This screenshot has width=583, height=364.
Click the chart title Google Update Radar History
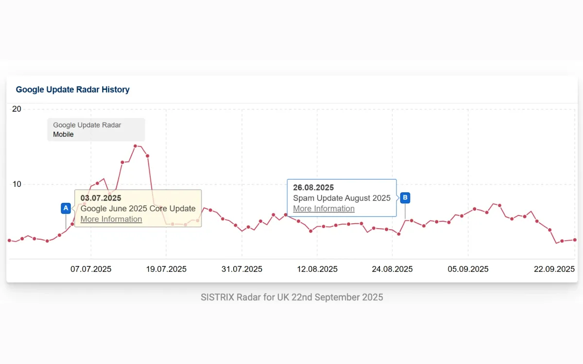72,90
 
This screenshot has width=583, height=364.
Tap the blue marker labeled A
66,208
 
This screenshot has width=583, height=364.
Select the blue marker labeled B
405,198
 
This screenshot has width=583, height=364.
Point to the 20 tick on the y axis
17,109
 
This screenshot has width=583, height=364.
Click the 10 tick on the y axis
17,184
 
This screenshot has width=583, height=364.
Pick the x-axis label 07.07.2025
91,269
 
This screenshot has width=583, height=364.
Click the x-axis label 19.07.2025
166,269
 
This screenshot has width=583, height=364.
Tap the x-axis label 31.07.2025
242,269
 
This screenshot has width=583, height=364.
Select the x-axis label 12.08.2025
317,269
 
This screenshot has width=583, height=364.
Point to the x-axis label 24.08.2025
393,269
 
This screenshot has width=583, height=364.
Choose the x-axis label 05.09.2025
468,269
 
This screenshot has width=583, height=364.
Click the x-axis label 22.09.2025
554,269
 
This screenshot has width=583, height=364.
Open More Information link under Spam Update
324,209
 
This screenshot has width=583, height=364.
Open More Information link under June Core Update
111,219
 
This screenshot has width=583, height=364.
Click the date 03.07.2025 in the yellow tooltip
101,198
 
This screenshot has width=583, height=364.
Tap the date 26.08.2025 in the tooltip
313,187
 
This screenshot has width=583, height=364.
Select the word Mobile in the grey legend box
63,134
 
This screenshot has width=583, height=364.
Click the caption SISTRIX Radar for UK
291,297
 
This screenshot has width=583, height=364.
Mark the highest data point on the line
135,146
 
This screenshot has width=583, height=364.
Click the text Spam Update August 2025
342,198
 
